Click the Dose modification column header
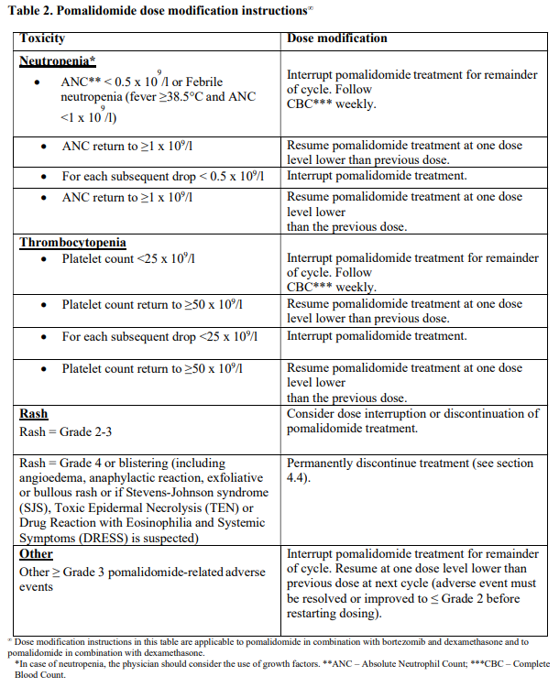pos(337,38)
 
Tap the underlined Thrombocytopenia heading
pos(73,243)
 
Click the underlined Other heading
pos(37,554)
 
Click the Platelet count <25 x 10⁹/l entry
pos(128,259)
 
